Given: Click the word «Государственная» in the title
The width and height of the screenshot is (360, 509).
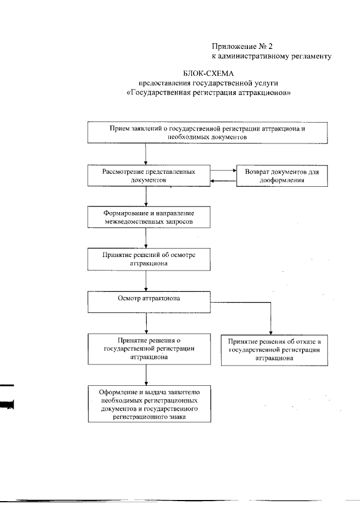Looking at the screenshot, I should click(163, 93).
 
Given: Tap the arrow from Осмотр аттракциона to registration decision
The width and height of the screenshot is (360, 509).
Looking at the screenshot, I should click(146, 323).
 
